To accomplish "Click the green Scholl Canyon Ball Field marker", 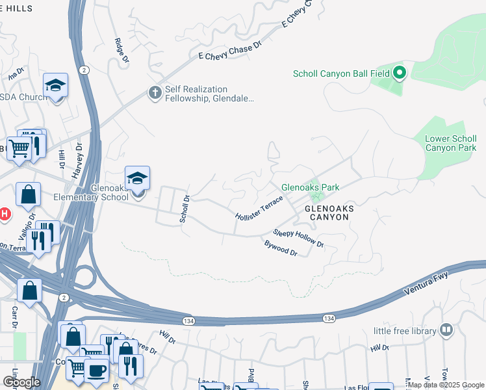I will click(x=399, y=73).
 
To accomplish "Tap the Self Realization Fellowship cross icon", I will click(x=155, y=93).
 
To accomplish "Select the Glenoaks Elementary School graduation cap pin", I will click(x=137, y=179).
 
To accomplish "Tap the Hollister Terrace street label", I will click(x=260, y=209).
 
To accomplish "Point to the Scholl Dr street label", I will click(x=185, y=210).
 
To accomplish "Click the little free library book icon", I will click(x=446, y=330).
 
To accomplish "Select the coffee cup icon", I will click(x=97, y=371).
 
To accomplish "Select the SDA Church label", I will click(x=21, y=97).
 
